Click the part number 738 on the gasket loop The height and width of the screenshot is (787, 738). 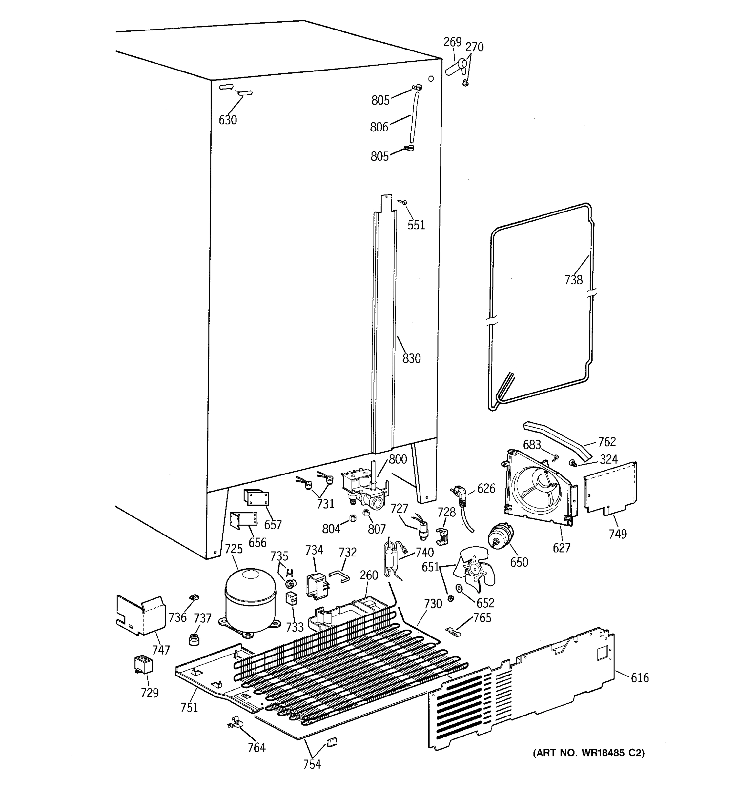(573, 280)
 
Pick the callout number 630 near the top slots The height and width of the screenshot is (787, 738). (228, 120)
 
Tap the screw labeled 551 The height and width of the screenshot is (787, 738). (403, 203)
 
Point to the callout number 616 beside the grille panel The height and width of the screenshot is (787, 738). (639, 678)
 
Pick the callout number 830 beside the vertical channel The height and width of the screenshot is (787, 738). (411, 358)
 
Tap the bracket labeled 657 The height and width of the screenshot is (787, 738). (256, 498)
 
